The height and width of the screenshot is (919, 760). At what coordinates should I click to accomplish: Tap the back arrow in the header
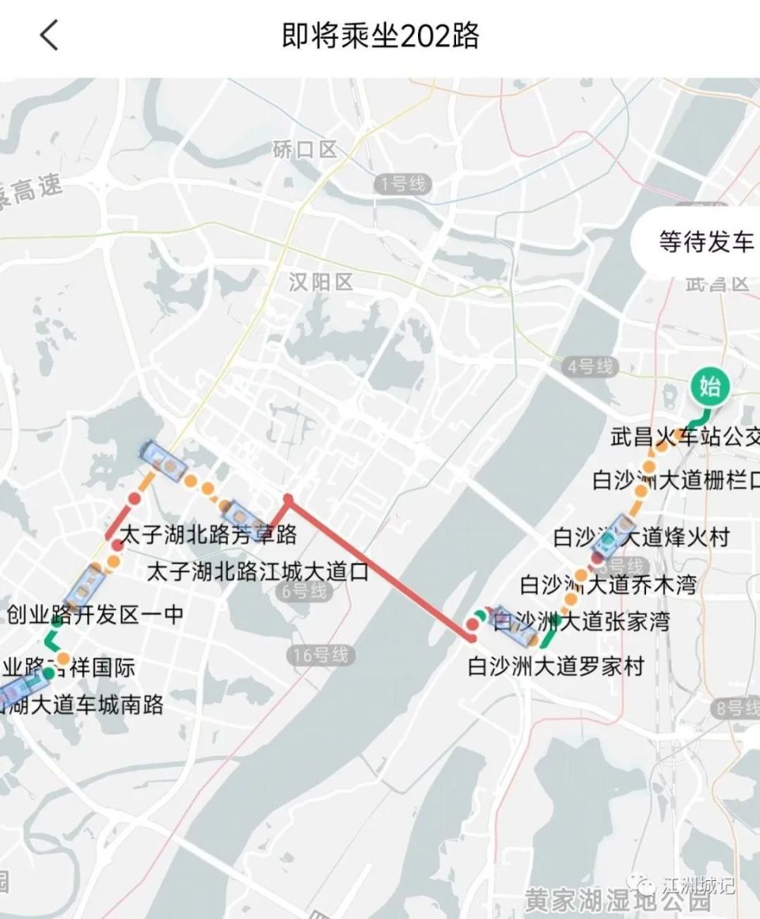click(49, 36)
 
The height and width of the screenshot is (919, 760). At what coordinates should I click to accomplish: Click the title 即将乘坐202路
click(380, 36)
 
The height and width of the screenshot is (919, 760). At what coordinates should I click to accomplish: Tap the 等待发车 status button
click(705, 241)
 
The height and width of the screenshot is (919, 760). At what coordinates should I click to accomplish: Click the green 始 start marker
click(709, 387)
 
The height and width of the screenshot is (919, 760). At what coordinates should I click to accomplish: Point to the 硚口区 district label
click(305, 149)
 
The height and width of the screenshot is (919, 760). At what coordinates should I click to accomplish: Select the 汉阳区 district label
click(321, 282)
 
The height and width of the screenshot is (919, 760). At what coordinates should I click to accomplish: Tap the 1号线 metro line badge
click(403, 185)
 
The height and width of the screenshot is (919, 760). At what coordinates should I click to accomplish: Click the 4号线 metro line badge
click(591, 366)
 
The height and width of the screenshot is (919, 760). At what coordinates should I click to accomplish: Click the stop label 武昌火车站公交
click(686, 436)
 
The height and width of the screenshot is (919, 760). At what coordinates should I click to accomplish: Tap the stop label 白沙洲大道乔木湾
click(608, 585)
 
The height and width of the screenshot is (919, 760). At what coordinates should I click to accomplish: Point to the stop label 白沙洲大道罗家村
click(556, 666)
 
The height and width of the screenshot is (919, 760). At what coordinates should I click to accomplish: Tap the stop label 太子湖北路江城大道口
click(258, 572)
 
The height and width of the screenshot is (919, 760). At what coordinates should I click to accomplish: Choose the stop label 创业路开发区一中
click(95, 614)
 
